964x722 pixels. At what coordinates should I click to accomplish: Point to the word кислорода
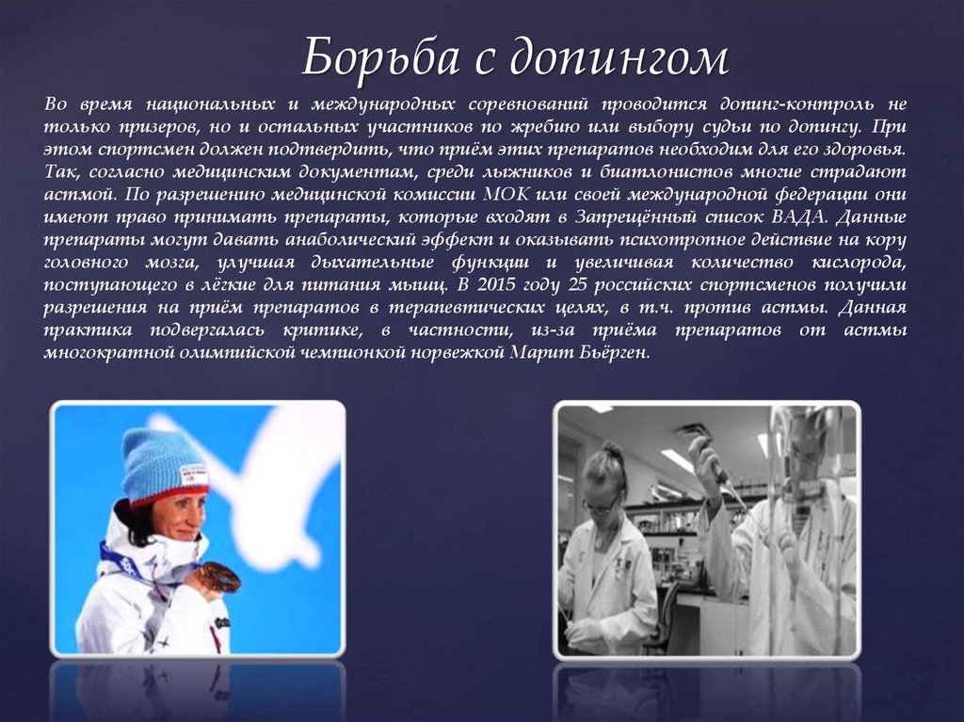[861, 263]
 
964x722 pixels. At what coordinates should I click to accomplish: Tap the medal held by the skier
[221, 575]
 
